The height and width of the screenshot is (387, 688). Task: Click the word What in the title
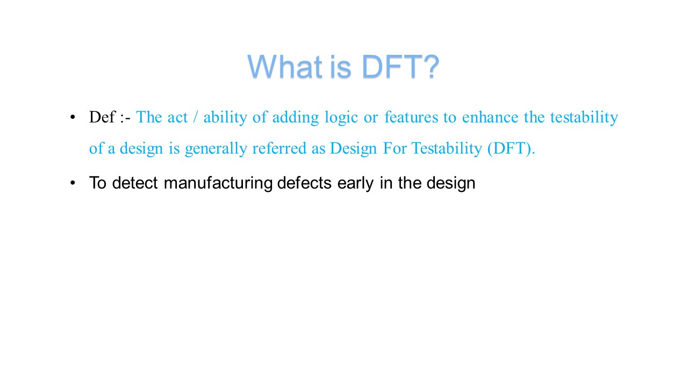click(x=285, y=66)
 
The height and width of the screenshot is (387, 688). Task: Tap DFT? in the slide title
click(x=400, y=66)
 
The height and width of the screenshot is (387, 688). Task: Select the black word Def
click(x=102, y=117)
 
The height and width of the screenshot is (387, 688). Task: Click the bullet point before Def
click(x=73, y=117)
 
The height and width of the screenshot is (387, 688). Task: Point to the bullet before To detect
click(x=73, y=183)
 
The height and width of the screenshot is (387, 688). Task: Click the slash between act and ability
click(x=195, y=117)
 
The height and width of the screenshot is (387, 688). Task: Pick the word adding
click(x=296, y=118)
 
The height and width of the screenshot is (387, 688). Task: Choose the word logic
click(x=341, y=118)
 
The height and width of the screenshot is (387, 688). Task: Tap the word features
click(x=411, y=117)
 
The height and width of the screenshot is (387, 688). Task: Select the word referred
click(x=279, y=148)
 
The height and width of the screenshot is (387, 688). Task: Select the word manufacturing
click(x=218, y=183)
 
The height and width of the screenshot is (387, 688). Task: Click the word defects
click(x=304, y=183)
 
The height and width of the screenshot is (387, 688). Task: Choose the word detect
click(x=135, y=183)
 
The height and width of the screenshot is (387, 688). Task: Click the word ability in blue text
click(x=225, y=118)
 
